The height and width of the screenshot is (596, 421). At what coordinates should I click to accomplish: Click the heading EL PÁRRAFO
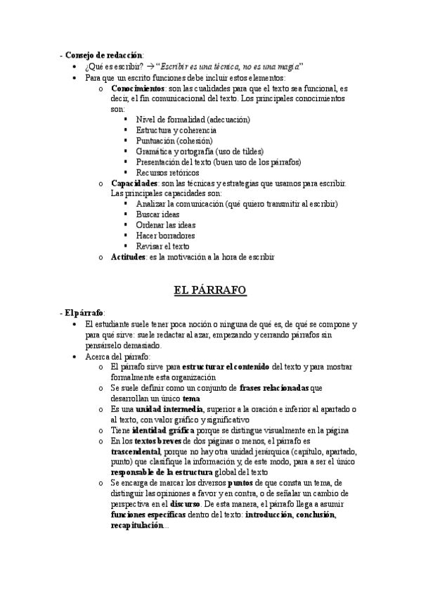(x=210, y=290)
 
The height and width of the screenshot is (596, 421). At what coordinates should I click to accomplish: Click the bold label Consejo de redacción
(x=102, y=55)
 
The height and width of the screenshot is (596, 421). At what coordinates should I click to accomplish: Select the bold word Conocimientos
(x=138, y=89)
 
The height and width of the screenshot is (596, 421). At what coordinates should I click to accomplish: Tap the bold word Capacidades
(x=134, y=183)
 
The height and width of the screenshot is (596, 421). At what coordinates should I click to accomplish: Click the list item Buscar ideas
(x=158, y=214)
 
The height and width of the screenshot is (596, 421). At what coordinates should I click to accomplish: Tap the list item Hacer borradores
(x=165, y=235)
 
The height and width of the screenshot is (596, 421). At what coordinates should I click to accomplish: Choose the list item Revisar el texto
(x=163, y=246)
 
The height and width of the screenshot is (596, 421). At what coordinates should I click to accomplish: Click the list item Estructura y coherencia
(x=176, y=130)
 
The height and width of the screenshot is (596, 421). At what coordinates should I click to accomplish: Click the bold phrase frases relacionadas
(x=273, y=388)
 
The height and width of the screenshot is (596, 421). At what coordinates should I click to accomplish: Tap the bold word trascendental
(x=136, y=451)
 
